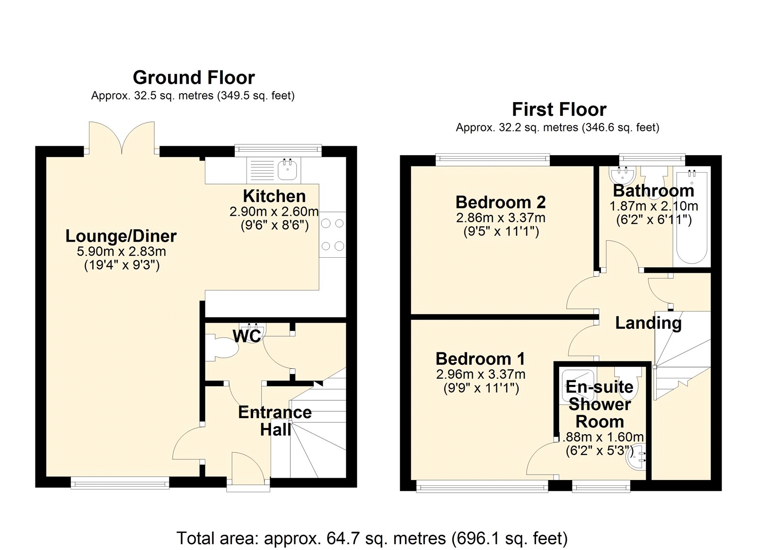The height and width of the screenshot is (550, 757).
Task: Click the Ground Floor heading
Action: pyautogui.click(x=194, y=78)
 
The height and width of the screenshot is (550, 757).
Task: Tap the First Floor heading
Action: pyautogui.click(x=559, y=109)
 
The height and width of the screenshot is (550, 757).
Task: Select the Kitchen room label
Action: pyautogui.click(x=274, y=196)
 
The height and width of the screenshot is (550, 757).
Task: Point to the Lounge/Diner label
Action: pyautogui.click(x=121, y=236)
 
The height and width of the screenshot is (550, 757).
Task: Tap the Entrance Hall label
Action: pyautogui.click(x=275, y=421)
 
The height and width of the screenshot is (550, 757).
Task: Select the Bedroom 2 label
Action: pyautogui.click(x=501, y=202)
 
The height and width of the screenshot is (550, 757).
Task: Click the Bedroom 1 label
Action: pyautogui.click(x=481, y=359)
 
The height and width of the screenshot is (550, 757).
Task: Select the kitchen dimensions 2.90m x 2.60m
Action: pyautogui.click(x=274, y=212)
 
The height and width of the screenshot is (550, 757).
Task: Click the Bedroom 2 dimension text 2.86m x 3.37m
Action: pyautogui.click(x=501, y=218)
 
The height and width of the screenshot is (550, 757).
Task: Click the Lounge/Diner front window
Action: pyautogui.click(x=120, y=483)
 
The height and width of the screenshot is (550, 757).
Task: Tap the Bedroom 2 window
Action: pyautogui.click(x=493, y=160)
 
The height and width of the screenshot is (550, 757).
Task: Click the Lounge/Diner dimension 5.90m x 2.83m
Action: pyautogui.click(x=122, y=252)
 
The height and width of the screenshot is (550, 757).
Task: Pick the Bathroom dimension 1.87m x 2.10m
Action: pyautogui.click(x=654, y=206)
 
